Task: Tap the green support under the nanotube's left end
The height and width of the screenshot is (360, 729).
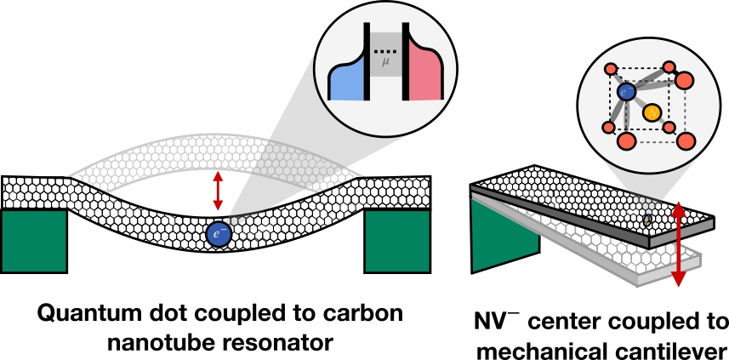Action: coord(33,239)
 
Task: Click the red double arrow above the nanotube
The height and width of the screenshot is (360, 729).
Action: coord(219,190)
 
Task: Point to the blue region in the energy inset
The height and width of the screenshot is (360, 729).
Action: coord(348,83)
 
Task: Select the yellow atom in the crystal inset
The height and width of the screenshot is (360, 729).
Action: coord(651,111)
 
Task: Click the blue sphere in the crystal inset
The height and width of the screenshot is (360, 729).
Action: coord(626,90)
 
